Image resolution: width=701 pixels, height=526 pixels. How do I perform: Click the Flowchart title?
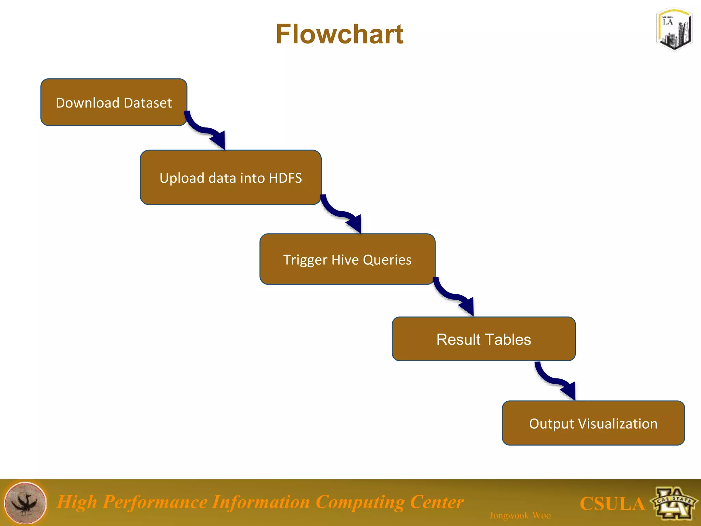(x=340, y=34)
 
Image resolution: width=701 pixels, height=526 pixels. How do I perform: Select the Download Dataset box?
(x=114, y=102)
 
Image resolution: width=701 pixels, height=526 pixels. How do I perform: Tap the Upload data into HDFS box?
(x=230, y=178)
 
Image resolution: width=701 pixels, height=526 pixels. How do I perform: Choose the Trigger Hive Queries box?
(x=347, y=260)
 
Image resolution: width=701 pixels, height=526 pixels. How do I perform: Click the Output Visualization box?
(x=593, y=424)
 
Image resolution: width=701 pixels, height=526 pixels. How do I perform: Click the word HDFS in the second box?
(x=285, y=178)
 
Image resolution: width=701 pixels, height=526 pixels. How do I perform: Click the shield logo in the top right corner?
(x=674, y=30)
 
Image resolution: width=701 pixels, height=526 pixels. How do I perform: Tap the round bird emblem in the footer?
(x=25, y=503)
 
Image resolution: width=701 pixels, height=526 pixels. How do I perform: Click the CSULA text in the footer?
(x=612, y=504)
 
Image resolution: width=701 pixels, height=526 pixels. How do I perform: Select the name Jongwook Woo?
(x=520, y=515)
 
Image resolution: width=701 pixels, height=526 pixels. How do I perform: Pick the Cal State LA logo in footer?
(x=674, y=503)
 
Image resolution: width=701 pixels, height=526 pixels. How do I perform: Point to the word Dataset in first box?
(x=148, y=103)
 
